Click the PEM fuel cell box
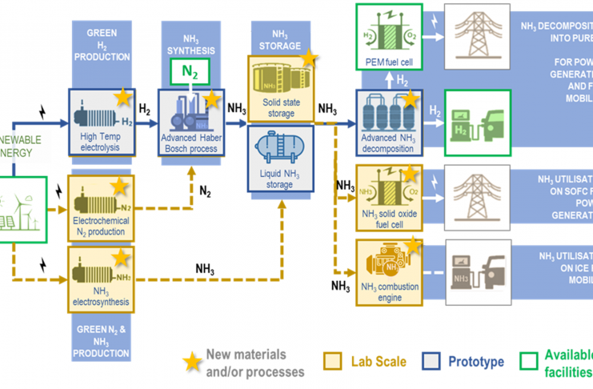[387, 38]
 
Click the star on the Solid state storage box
[309, 58]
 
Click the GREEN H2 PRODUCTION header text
[101, 45]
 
